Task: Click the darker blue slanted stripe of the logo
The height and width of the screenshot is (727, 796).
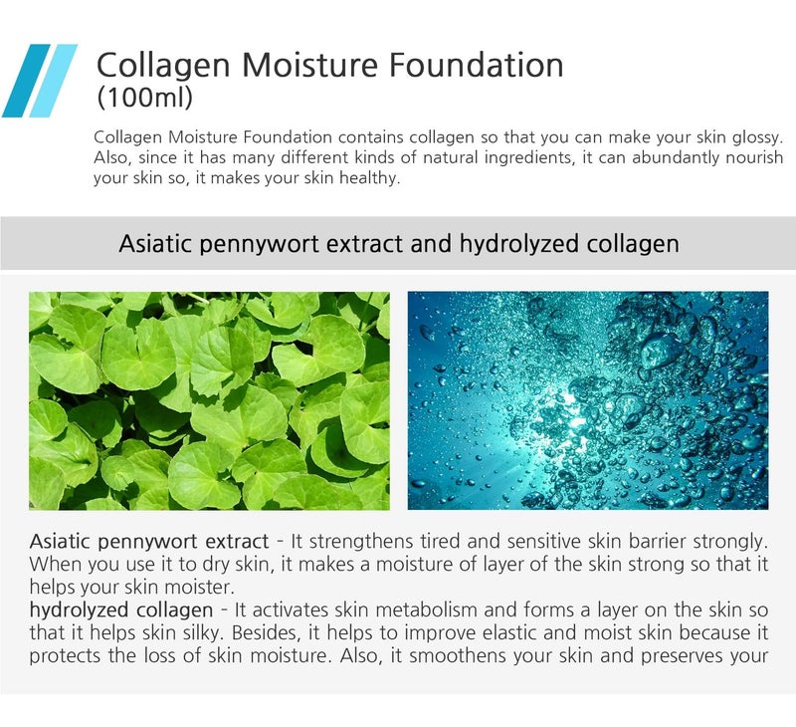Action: point(26,81)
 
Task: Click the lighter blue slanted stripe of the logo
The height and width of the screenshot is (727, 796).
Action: point(54,81)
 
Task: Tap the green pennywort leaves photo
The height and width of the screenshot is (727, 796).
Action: point(209,400)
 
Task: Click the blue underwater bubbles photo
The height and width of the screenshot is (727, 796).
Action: point(587,400)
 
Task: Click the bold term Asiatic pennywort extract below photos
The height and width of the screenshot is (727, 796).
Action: point(149,542)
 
